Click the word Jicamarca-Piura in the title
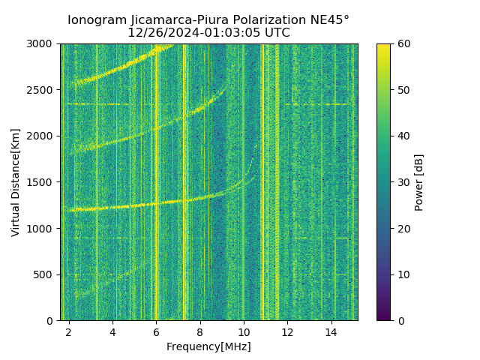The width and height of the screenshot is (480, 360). [x=162, y=20]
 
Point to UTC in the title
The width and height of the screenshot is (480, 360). [x=276, y=33]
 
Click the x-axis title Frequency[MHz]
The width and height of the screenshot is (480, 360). [x=208, y=346]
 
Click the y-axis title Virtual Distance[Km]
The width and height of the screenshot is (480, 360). [x=16, y=182]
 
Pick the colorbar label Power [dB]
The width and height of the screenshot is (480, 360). [x=419, y=182]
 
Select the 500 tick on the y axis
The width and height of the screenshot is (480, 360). [x=45, y=274]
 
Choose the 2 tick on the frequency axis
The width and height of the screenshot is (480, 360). [x=69, y=331]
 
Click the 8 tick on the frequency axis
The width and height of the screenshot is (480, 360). [x=200, y=331]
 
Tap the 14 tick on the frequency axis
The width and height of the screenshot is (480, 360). [x=331, y=331]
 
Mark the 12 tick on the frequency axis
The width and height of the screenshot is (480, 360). [x=287, y=331]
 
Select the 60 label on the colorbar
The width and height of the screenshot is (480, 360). [x=403, y=43]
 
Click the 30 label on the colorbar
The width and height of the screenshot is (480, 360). [x=403, y=182]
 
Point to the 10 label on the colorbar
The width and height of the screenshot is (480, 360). [x=403, y=274]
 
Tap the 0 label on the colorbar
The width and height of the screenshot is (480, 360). [x=400, y=320]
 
